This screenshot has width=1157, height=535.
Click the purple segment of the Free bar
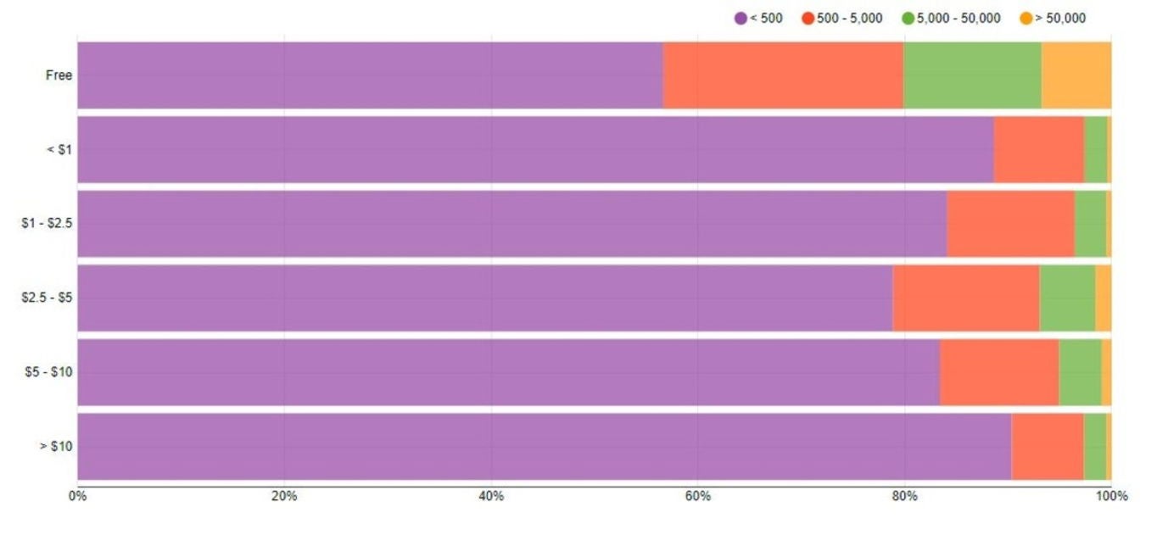click(x=370, y=75)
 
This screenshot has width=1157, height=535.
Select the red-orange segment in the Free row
click(x=783, y=75)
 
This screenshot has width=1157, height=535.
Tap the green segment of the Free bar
click(x=972, y=75)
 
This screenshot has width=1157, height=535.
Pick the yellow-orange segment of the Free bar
click(x=1076, y=75)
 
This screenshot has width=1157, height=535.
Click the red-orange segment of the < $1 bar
click(x=1038, y=149)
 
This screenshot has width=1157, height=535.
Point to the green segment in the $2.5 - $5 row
click(x=1066, y=298)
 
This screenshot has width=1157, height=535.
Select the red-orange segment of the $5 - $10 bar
click(x=998, y=372)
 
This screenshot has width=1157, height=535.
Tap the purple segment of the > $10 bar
click(x=544, y=446)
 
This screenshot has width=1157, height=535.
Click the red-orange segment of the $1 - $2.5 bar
click(x=1010, y=224)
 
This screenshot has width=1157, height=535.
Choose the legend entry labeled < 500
click(x=759, y=19)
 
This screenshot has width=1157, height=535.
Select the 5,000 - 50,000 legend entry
click(x=951, y=19)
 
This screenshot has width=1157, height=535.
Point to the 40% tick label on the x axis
click(x=491, y=497)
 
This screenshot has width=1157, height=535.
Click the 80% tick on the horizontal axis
click(x=904, y=497)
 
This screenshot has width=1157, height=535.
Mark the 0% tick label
click(x=77, y=497)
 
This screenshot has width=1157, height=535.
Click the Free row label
click(x=59, y=75)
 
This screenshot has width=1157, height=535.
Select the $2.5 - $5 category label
click(x=47, y=298)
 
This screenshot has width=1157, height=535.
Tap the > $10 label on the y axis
click(x=56, y=446)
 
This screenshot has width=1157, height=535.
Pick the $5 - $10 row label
click(x=49, y=372)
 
